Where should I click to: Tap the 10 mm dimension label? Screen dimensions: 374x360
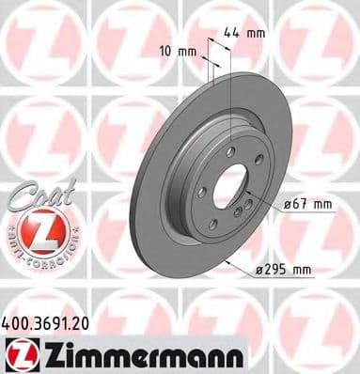pos(178,50)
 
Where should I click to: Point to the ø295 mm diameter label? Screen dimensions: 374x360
pos(283,271)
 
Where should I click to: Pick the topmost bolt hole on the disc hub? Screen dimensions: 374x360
pos(229,149)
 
